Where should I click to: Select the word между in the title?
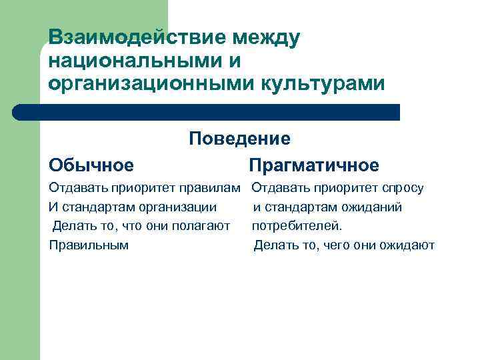pos(263,38)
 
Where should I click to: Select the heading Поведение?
pos(239,139)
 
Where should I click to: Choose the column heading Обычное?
pos(91,164)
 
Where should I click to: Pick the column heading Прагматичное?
pos(313,164)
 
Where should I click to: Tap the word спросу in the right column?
pos(403,188)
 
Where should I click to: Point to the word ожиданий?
pos(375,207)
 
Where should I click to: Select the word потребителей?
pos(297,226)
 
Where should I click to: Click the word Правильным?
pos(89,245)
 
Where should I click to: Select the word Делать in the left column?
pos(72,226)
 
